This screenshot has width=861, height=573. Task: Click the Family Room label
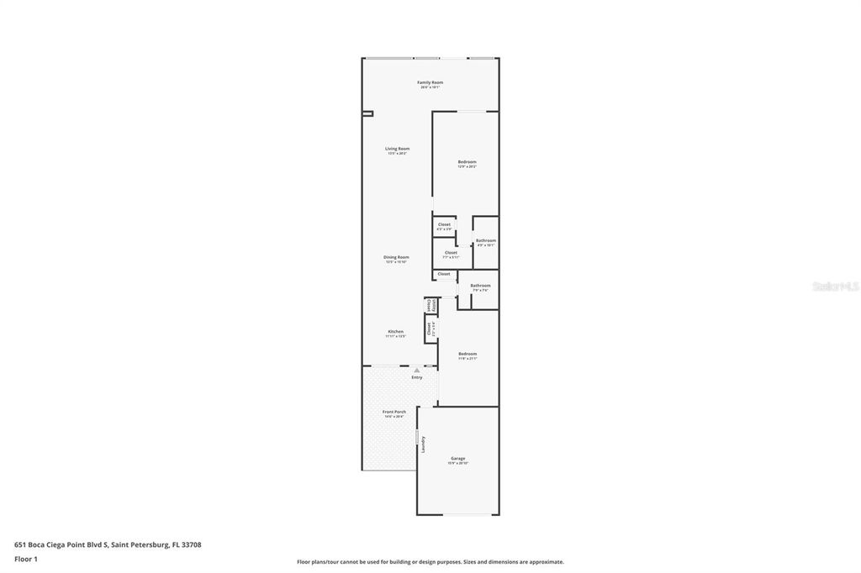pyautogui.click(x=430, y=82)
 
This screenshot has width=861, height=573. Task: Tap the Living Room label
pyautogui.click(x=397, y=149)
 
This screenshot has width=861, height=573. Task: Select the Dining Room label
pyautogui.click(x=396, y=257)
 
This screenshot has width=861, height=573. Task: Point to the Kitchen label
pyautogui.click(x=395, y=331)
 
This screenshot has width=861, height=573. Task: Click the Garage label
pyautogui.click(x=457, y=458)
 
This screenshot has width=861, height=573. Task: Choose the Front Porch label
pyautogui.click(x=394, y=412)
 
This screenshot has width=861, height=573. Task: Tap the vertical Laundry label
pyautogui.click(x=423, y=444)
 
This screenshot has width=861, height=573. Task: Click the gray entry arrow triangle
pyautogui.click(x=416, y=370)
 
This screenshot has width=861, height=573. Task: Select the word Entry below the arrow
pyautogui.click(x=416, y=377)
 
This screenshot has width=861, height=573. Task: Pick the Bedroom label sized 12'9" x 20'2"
pyautogui.click(x=467, y=161)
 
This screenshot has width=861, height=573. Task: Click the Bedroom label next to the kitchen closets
pyautogui.click(x=467, y=354)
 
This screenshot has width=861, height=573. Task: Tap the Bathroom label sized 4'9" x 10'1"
pyautogui.click(x=485, y=241)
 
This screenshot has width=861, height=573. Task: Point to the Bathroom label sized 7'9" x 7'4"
pyautogui.click(x=480, y=285)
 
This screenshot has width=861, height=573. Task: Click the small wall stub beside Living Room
pyautogui.click(x=367, y=113)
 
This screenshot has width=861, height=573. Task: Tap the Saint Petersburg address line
pyautogui.click(x=108, y=544)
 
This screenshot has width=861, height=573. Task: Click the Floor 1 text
pyautogui.click(x=26, y=559)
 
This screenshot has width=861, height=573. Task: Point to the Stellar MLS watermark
pyautogui.click(x=835, y=286)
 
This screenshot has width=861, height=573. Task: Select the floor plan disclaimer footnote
pyautogui.click(x=430, y=561)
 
